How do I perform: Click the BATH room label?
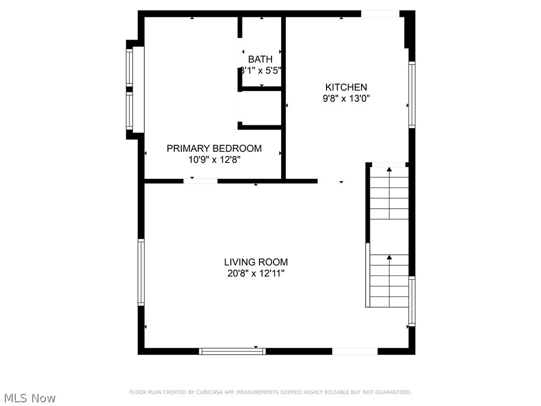[x=260, y=59]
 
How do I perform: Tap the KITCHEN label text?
[x=346, y=87]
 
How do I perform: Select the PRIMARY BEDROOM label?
[x=214, y=149]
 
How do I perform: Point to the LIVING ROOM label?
[x=256, y=262]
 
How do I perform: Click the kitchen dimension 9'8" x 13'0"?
[x=346, y=98]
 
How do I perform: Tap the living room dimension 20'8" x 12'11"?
[x=256, y=273]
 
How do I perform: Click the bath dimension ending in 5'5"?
[x=260, y=70]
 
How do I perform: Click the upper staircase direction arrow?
[x=389, y=170]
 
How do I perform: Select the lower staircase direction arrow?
[x=389, y=257]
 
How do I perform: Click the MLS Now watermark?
[x=29, y=398]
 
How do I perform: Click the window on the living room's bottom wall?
[x=232, y=350]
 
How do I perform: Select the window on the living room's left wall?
[x=141, y=272]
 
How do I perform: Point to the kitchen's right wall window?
[x=412, y=94]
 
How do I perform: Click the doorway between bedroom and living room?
[x=200, y=181]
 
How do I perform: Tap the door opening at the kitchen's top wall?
[x=380, y=14]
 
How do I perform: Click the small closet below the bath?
[x=259, y=108]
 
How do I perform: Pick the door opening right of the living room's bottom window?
[x=355, y=351]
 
